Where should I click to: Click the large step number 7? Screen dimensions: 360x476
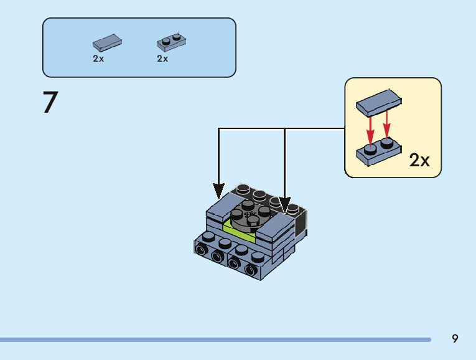pos(50,102)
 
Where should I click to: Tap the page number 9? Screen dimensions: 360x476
pos(455,339)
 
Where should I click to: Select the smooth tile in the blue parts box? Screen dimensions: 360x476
pos(107,43)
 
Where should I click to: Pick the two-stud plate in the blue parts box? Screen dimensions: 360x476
pos(172,42)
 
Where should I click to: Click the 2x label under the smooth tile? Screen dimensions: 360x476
pos(98,59)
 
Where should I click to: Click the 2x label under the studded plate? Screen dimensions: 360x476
pos(162,59)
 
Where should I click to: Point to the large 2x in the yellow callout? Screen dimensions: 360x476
pos(420,161)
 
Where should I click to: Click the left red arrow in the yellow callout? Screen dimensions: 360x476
pos(370,127)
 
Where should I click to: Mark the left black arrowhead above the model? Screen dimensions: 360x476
pos(218,189)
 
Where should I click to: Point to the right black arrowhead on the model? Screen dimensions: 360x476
pos(284,205)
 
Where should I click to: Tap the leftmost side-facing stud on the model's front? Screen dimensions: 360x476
pos(202,250)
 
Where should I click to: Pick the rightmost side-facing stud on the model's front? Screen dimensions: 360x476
pos(251,270)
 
